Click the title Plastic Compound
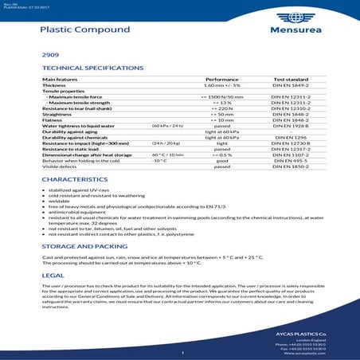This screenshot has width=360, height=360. point(84,29)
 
